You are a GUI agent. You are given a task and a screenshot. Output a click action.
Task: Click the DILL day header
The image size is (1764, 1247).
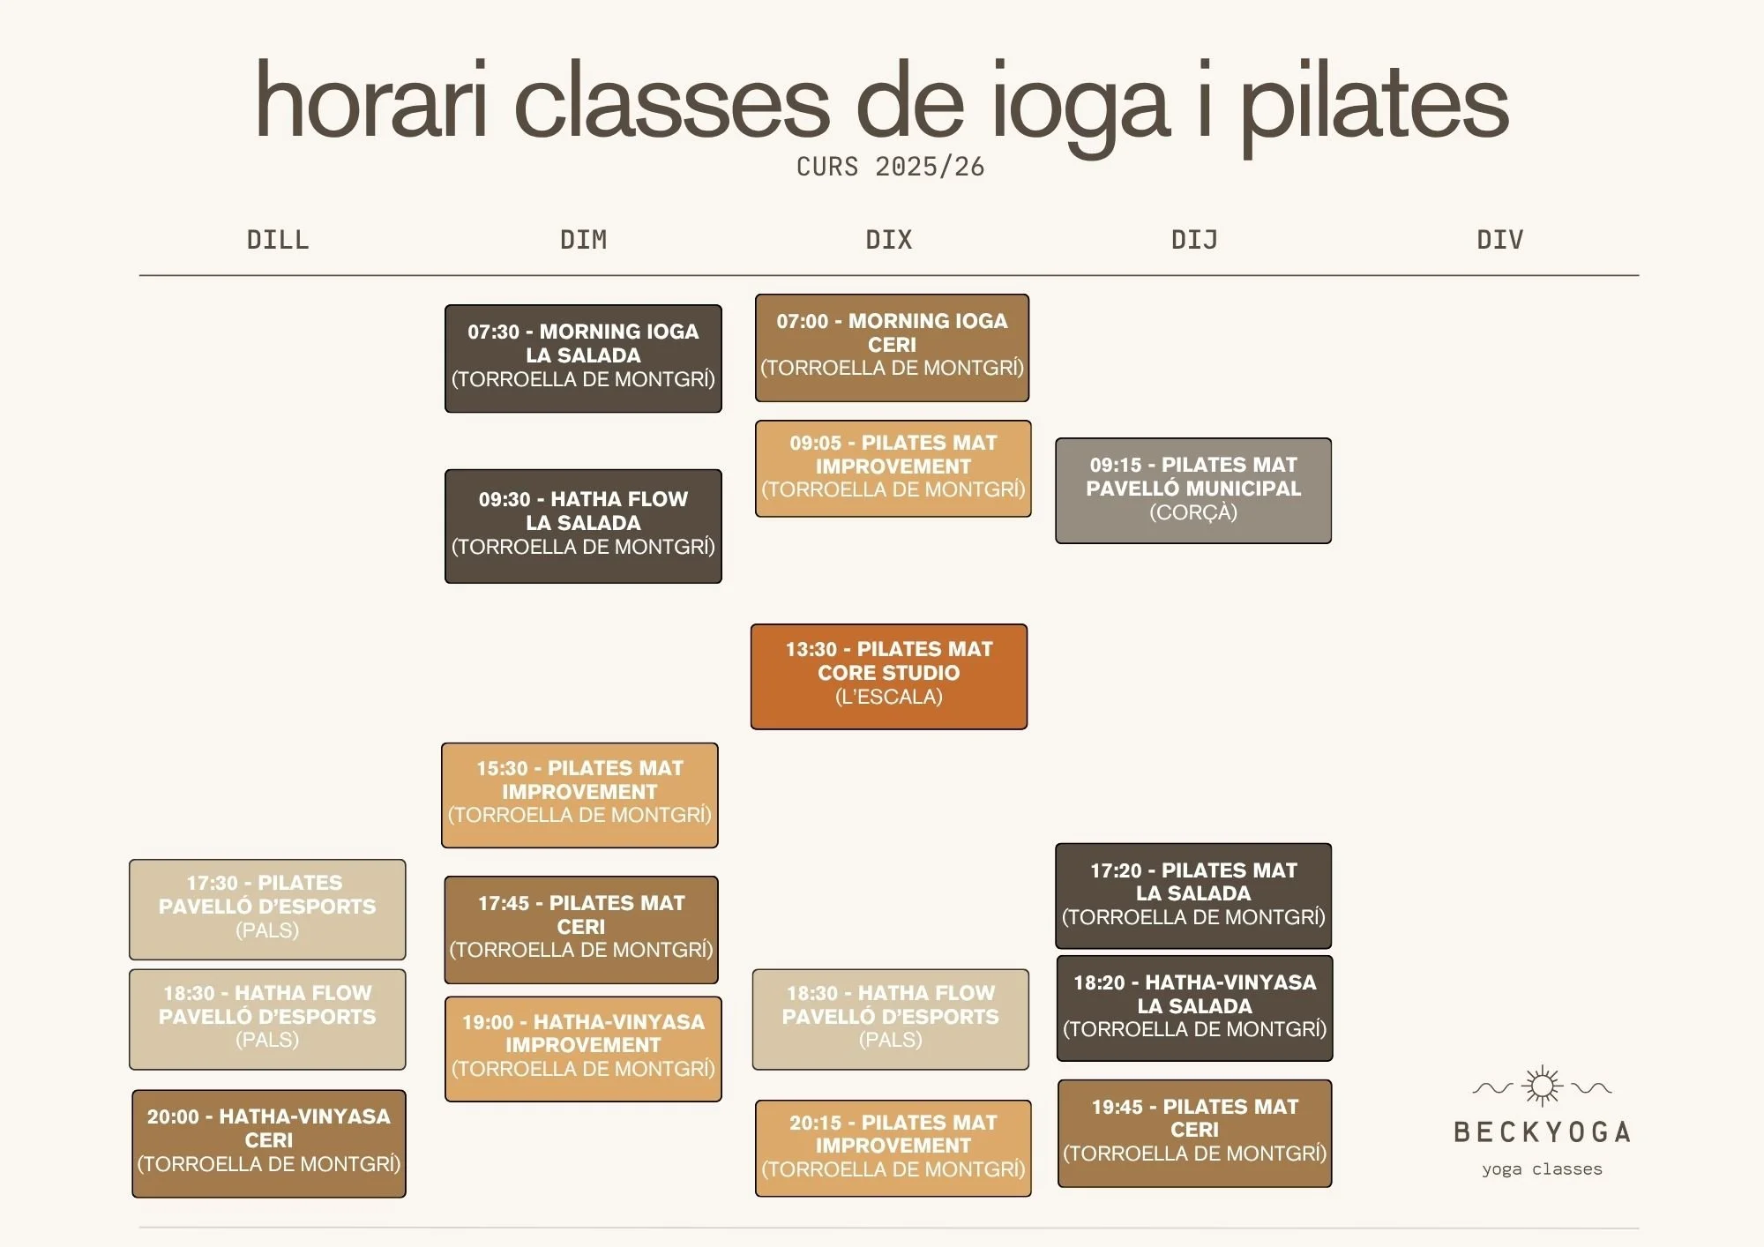coord(278,240)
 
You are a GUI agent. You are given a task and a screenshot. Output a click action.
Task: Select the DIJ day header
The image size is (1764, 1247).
coord(1194,240)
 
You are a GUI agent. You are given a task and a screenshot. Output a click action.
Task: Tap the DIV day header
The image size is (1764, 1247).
coord(1500,240)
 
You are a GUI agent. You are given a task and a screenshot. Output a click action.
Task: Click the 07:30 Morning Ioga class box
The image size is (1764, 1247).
coord(583,358)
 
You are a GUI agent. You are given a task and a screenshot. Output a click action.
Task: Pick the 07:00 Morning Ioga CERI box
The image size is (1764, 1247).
coord(892,347)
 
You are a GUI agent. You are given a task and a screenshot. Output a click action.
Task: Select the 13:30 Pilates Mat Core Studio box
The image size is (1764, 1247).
coord(889,676)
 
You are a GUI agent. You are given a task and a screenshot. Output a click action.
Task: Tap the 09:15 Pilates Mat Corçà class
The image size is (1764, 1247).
coord(1193,490)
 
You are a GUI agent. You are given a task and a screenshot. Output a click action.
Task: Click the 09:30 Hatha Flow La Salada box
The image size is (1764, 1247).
coord(583,526)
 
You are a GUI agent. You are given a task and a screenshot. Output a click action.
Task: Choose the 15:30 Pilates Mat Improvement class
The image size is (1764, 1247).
coord(579,795)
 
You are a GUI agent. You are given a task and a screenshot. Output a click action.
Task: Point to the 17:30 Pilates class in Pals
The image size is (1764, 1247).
coord(267,909)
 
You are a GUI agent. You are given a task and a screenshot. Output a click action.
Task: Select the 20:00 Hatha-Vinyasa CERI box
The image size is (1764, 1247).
coord(269,1143)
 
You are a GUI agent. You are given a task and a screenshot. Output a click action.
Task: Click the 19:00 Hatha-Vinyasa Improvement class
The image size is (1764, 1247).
coord(583,1049)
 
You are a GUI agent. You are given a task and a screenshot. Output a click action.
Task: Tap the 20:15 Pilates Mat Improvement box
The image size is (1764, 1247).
coord(893,1147)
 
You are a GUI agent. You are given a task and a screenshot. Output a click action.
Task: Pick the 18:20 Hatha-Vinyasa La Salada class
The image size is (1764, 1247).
coord(1194,1008)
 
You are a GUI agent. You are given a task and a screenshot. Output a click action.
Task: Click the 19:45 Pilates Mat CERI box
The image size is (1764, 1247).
coord(1194,1132)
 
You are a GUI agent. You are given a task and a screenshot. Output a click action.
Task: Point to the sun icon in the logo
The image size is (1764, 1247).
coord(1543,1086)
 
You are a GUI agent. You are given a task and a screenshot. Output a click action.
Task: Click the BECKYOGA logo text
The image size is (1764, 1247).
coord(1543,1132)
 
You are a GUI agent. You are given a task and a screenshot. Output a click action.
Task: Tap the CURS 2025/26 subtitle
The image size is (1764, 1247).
coord(890,167)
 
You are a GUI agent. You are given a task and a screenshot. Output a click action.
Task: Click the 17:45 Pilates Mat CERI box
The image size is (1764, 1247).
coord(581,930)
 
